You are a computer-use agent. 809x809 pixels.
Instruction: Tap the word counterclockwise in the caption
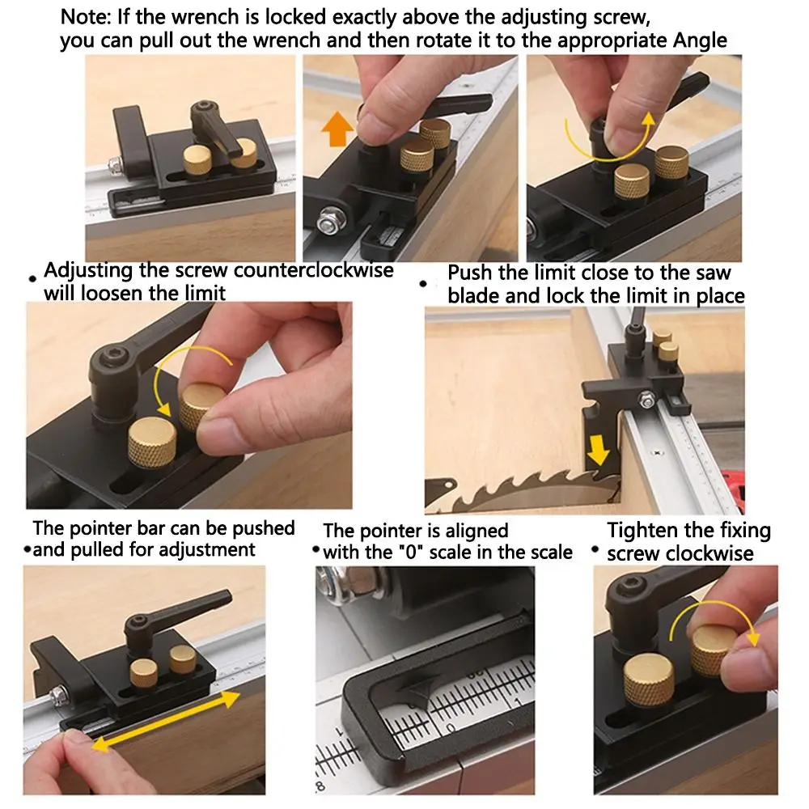click(x=321, y=270)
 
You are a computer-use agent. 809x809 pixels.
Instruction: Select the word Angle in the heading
click(x=702, y=40)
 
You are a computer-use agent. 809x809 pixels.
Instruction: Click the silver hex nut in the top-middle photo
click(x=328, y=220)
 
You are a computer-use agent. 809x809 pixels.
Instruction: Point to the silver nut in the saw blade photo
click(x=646, y=398)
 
